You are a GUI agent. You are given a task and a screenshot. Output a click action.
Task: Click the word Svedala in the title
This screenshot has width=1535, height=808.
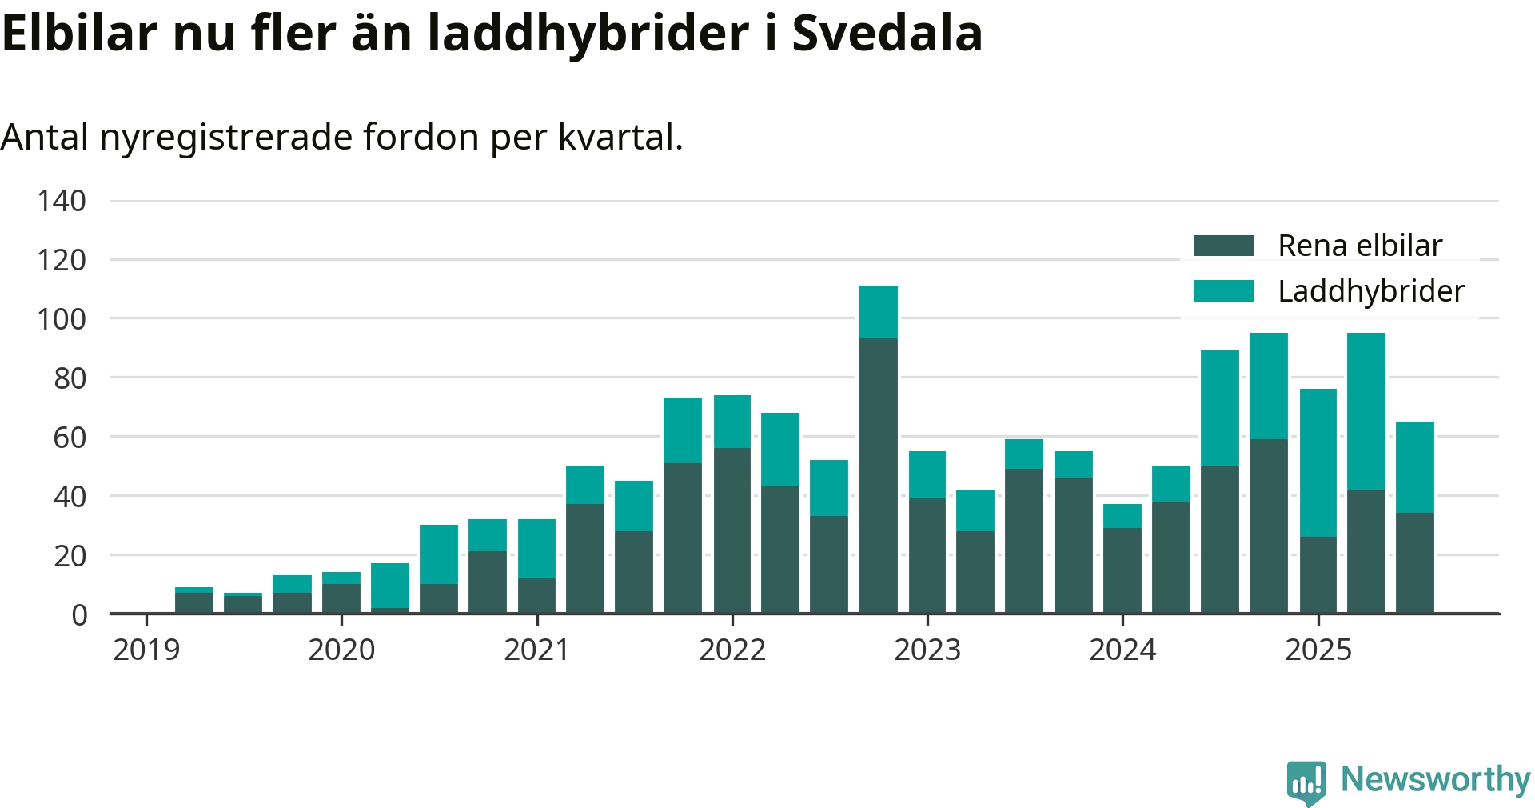[887, 33]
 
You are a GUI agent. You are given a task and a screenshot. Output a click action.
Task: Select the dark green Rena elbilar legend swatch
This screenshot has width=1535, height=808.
[1222, 246]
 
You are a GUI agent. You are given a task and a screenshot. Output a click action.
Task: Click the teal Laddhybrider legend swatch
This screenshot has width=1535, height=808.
[1222, 291]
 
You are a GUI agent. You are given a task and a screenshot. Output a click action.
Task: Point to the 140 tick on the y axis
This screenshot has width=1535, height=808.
[62, 201]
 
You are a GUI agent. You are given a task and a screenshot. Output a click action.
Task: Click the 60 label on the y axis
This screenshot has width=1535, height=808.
[70, 438]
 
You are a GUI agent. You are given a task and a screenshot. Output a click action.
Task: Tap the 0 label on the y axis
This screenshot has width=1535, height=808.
[79, 615]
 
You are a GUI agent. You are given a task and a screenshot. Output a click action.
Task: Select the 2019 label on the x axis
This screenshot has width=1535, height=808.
[146, 650]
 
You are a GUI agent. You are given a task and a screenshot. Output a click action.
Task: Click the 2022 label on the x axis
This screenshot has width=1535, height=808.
[732, 650]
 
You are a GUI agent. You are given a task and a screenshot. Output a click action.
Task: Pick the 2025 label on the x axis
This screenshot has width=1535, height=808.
[1318, 650]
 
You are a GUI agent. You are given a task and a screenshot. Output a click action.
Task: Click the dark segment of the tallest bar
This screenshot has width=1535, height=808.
[878, 476]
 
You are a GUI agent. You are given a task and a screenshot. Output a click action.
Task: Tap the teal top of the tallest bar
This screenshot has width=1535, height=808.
[878, 312]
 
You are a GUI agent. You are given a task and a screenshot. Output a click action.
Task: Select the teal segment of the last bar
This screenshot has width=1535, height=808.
[1414, 467]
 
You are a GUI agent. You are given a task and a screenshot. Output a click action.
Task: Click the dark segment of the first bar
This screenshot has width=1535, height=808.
[194, 603]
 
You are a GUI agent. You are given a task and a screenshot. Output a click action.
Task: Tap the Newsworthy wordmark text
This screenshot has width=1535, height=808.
[1435, 779]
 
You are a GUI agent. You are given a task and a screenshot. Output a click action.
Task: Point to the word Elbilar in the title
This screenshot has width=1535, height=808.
[79, 33]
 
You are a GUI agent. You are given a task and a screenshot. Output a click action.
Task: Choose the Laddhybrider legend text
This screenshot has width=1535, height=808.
[1371, 291]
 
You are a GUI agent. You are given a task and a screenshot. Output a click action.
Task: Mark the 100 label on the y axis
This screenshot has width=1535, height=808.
[62, 319]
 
